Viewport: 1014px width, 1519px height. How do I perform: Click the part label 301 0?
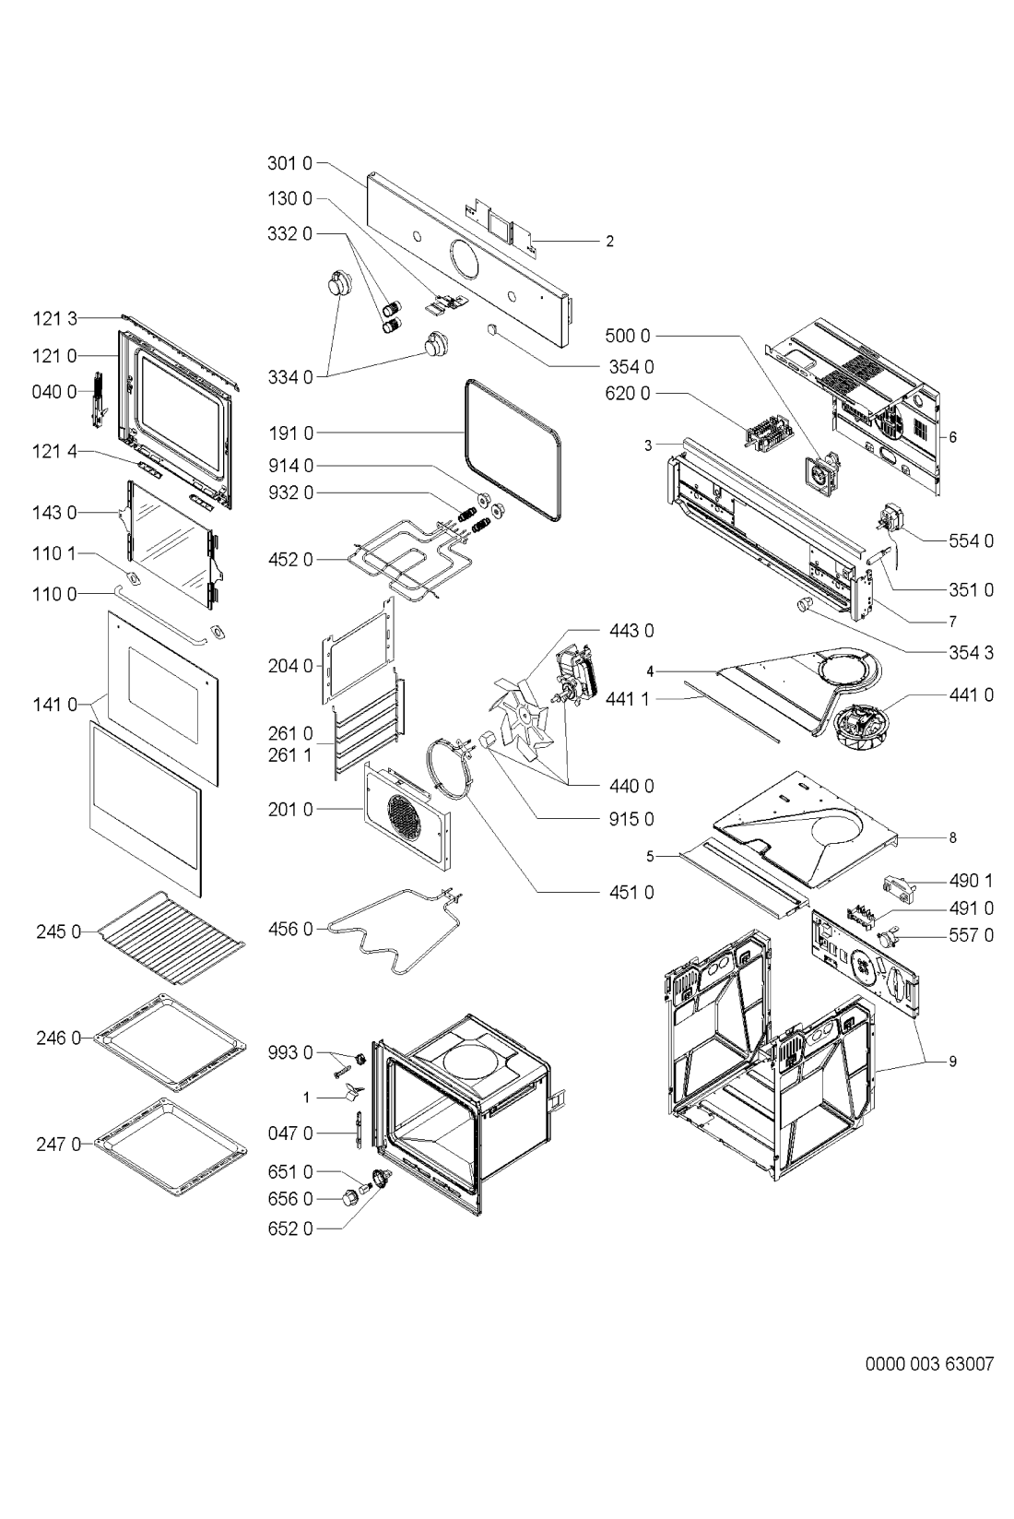tap(289, 163)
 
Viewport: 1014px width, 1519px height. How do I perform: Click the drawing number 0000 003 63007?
tap(929, 1364)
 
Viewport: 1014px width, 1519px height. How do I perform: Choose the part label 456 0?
tap(290, 929)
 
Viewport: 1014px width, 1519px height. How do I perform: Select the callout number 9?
tap(952, 1062)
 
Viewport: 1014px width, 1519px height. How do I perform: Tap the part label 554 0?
tap(971, 540)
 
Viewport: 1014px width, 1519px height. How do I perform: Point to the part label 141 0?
tap(55, 706)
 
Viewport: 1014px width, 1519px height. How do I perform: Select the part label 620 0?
tap(627, 393)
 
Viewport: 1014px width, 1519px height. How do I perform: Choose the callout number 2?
tap(609, 242)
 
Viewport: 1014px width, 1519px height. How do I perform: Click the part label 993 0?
tap(290, 1052)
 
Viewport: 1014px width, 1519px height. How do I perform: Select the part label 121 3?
tap(55, 319)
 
